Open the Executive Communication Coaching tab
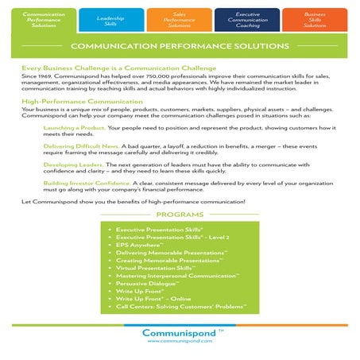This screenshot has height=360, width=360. [246, 20]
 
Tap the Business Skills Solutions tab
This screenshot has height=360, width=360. [315, 20]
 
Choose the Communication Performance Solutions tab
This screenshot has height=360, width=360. [45, 20]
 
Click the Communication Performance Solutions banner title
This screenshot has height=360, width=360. [179, 48]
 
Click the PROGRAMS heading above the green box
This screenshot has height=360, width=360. [179, 215]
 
